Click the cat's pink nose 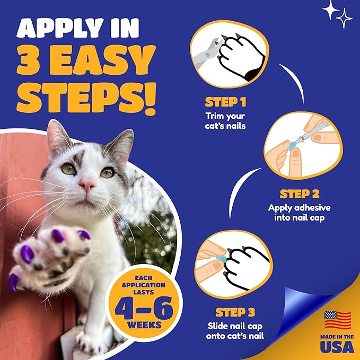coord(87,184)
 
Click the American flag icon coord(338,320)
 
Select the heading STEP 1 coord(225,102)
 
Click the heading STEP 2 coord(300,194)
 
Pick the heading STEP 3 coord(235,312)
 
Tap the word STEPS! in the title coord(86,98)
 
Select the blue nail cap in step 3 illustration coord(222,259)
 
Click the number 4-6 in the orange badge coord(144,309)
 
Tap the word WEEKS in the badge coord(144,326)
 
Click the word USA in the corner coord(337,346)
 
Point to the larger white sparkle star coord(331,10)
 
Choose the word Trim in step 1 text coord(214,116)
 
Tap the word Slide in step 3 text coord(218,326)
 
